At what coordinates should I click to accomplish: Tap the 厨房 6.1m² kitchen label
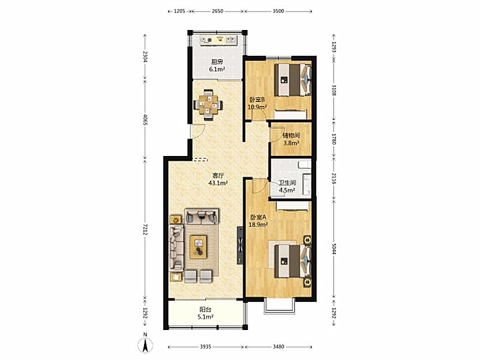[x=217, y=65]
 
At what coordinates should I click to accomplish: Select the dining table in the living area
[x=208, y=105]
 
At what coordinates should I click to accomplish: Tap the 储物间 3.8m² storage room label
[x=291, y=139]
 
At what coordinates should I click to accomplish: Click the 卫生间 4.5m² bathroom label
[x=287, y=187]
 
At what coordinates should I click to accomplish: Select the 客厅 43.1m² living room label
[x=218, y=179]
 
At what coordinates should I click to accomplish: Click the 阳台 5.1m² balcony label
[x=205, y=313]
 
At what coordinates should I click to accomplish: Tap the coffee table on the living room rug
[x=198, y=247]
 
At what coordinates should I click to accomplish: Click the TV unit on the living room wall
[x=241, y=245]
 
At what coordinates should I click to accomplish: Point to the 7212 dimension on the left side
[x=145, y=229]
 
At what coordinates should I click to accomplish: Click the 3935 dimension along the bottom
[x=205, y=347]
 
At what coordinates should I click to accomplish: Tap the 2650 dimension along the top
[x=218, y=11]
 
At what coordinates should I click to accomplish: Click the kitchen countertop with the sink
[x=218, y=40]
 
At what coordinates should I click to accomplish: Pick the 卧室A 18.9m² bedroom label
[x=259, y=221]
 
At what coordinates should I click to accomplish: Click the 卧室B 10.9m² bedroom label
[x=257, y=103]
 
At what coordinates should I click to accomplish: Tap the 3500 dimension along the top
[x=278, y=11]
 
